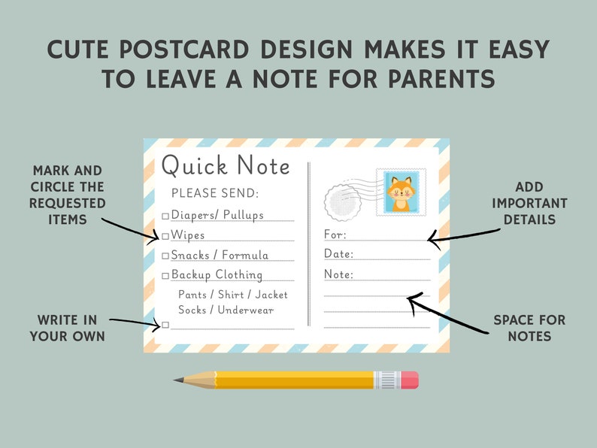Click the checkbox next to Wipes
click(165, 236)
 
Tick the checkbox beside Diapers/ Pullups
click(165, 216)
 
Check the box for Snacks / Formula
click(165, 256)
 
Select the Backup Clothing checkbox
click(165, 275)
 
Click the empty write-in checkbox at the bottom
click(165, 325)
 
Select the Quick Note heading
click(226, 165)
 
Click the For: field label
click(335, 235)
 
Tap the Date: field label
click(338, 254)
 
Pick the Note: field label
click(338, 274)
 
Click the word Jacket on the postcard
click(271, 295)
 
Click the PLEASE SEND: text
click(215, 193)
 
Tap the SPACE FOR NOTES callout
click(529, 328)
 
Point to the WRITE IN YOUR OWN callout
click(68, 328)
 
